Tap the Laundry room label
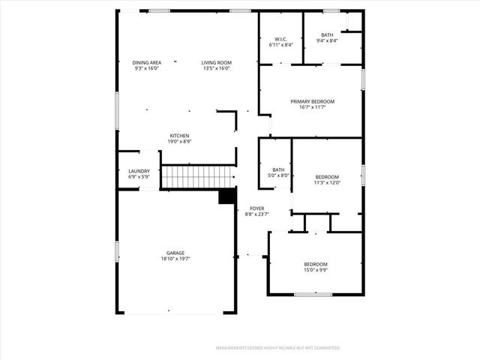(x=139, y=171)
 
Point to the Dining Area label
(x=147, y=62)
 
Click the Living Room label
(x=216, y=62)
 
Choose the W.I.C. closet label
(x=281, y=39)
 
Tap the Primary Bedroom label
(x=313, y=101)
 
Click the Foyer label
(x=257, y=208)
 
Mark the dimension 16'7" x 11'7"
(x=313, y=107)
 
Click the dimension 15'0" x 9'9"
(x=316, y=270)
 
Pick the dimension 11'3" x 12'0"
(x=327, y=182)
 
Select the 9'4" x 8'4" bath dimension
(x=328, y=40)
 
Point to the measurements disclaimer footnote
(x=278, y=348)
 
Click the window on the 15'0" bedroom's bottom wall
(x=313, y=294)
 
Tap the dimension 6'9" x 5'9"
(x=139, y=177)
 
